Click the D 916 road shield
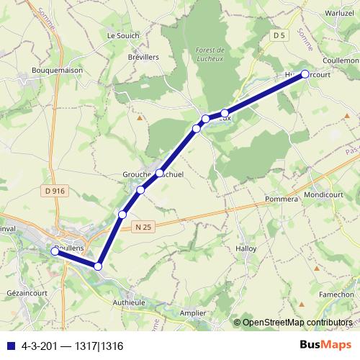click(x=55, y=191)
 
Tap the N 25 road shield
click(x=144, y=227)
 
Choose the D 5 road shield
click(x=279, y=35)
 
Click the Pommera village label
click(x=282, y=199)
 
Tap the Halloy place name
click(x=246, y=248)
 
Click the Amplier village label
click(x=192, y=313)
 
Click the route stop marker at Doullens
click(x=55, y=251)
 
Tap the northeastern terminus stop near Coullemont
click(x=305, y=74)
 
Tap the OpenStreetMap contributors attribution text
click(x=297, y=323)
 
